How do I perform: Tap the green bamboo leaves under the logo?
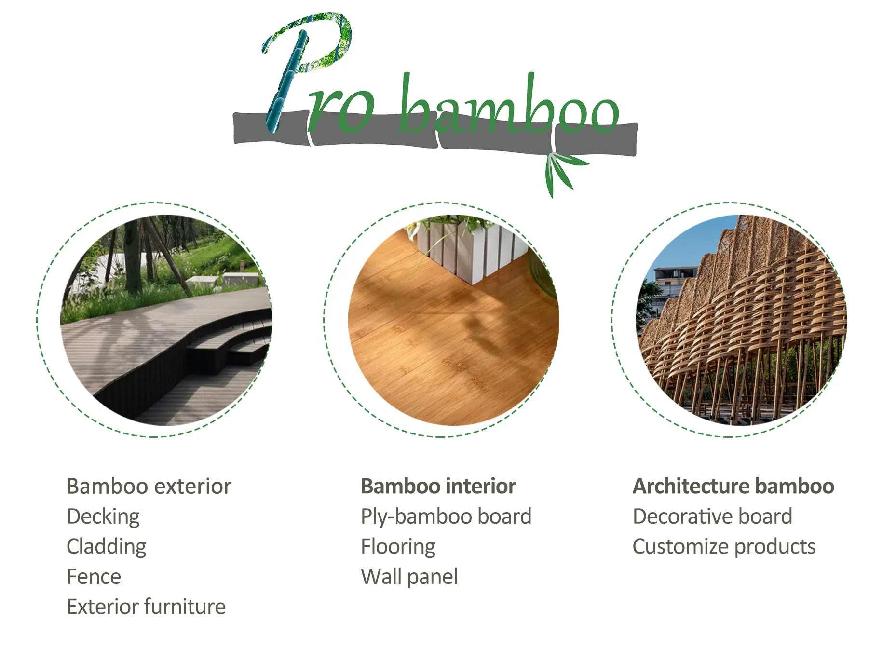(559, 171)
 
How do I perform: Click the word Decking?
(103, 516)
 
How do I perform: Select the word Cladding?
(106, 546)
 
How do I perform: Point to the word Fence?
(94, 577)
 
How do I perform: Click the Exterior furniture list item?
(146, 607)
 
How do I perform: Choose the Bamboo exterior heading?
(149, 486)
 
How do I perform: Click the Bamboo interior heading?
(438, 486)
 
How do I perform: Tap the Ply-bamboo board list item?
(446, 516)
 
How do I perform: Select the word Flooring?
(398, 546)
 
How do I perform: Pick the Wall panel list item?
(409, 577)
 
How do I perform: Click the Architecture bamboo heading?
(733, 486)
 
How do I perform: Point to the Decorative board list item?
(712, 516)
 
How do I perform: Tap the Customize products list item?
(723, 546)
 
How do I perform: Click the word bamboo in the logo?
(509, 108)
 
